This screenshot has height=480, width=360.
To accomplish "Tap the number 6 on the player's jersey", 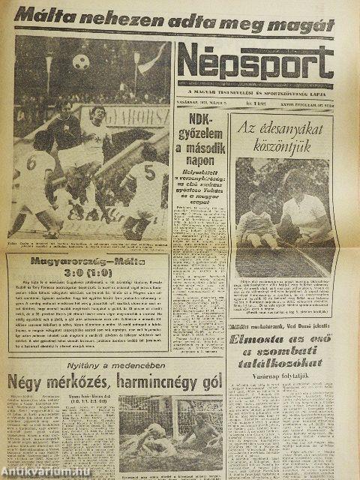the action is [x=32, y=162].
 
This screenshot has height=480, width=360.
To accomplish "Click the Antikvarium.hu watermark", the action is [x=37, y=469].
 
